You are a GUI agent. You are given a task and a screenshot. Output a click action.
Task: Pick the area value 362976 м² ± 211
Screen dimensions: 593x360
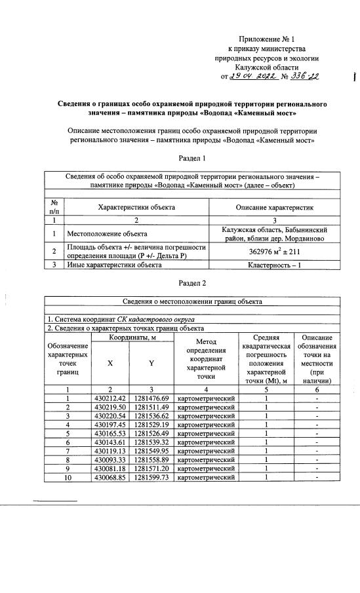(275, 251)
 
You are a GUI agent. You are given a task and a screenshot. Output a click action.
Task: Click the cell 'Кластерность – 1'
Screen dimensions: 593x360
(275, 265)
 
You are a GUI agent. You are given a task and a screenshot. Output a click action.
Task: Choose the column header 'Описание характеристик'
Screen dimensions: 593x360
(275, 208)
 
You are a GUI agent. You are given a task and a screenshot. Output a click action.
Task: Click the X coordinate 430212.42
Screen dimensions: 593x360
(111, 398)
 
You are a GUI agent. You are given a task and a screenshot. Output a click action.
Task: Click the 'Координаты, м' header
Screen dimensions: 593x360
(132, 337)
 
